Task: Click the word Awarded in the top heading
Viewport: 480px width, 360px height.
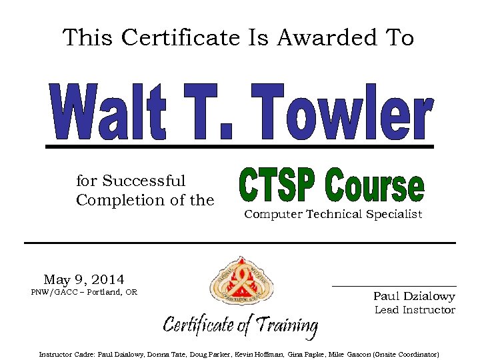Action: pyautogui.click(x=311, y=37)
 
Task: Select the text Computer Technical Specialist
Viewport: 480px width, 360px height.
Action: pyautogui.click(x=333, y=214)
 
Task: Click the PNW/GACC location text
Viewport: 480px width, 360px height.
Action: pyautogui.click(x=84, y=292)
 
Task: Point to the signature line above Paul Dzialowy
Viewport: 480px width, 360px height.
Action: pyautogui.click(x=394, y=286)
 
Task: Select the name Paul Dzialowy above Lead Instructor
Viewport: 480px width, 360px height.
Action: pyautogui.click(x=414, y=296)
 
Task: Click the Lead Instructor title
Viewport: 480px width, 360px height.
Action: pyautogui.click(x=415, y=310)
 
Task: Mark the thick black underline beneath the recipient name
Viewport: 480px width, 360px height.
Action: pyautogui.click(x=239, y=145)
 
